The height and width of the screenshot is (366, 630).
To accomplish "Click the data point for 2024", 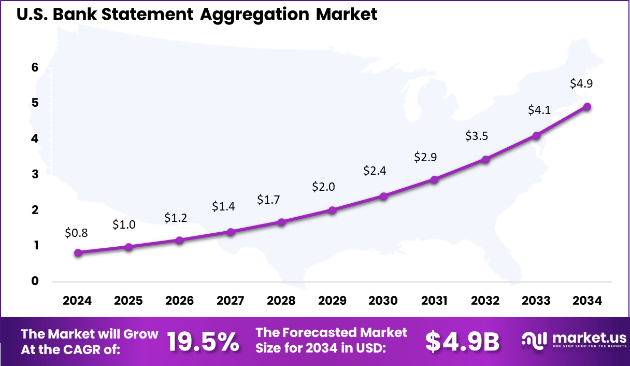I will point(78,253).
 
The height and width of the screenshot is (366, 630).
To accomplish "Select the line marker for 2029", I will point(332,210).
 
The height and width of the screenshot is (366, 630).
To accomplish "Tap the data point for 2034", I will point(587,107).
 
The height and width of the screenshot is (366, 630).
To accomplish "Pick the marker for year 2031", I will point(434,180).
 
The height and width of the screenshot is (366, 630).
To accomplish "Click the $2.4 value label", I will point(375,171).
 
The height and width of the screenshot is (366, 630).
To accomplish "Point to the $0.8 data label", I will point(76,233).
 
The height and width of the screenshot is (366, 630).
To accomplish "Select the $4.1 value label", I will point(539,110).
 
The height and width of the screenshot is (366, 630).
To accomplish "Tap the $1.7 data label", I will point(268,200).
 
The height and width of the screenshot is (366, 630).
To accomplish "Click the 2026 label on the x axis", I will point(179,301).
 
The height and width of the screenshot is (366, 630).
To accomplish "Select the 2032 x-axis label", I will point(485,301).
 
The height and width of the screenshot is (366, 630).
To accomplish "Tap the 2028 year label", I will point(281,301).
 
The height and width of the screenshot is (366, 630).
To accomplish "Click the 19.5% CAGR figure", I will point(203,342).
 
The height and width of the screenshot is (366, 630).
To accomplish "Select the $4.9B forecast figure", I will point(462,342).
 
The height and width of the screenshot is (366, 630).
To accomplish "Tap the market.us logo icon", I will point(534,340).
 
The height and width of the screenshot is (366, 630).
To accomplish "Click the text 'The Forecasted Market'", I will point(332,332).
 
